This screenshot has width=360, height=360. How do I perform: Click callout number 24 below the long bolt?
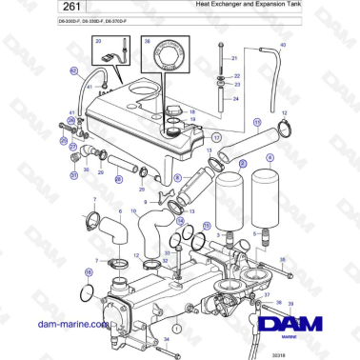pyautogui.click(x=236, y=97)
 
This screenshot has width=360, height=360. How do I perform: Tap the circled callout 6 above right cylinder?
pyautogui.click(x=270, y=158)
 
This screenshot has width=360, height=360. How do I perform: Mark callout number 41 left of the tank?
pyautogui.click(x=89, y=87)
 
